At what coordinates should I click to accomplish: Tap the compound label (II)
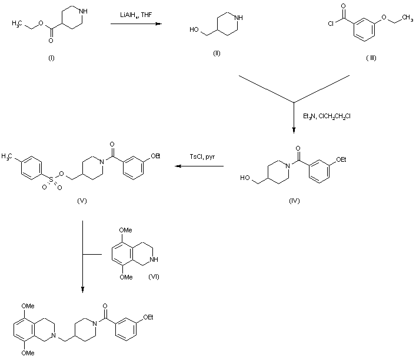pyautogui.click(x=217, y=54)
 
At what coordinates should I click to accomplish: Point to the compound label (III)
pyautogui.click(x=370, y=57)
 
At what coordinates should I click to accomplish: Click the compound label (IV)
pyautogui.click(x=294, y=201)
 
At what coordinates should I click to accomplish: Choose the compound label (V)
pyautogui.click(x=82, y=201)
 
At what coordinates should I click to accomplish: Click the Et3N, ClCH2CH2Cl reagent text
pyautogui.click(x=326, y=115)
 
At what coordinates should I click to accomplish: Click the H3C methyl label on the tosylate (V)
pyautogui.click(x=8, y=156)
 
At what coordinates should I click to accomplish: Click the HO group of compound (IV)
pyautogui.click(x=247, y=176)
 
